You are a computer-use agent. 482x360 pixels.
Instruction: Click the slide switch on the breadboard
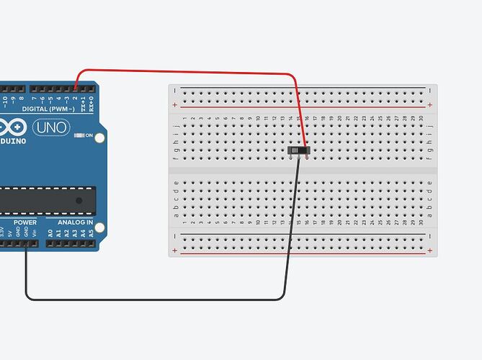tap(298, 150)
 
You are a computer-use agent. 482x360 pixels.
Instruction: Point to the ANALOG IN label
tap(70, 222)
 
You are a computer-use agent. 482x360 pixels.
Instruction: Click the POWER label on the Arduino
tap(24, 222)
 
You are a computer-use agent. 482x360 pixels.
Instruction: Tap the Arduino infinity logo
tap(14, 128)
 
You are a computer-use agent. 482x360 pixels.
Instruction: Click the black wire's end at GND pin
tap(27, 244)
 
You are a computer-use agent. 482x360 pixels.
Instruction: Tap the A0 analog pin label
tap(50, 233)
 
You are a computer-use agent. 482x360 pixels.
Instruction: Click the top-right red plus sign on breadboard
tap(430, 105)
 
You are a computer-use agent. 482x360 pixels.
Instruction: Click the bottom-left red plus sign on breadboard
tap(175, 251)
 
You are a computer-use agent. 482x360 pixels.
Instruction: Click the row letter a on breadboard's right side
tap(430, 212)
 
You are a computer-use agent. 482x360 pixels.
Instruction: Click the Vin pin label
tap(35, 233)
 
